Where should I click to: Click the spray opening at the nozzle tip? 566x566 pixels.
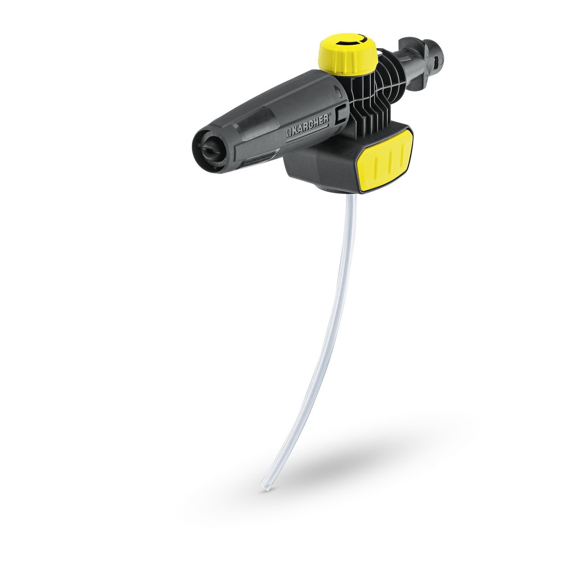(209, 148)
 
